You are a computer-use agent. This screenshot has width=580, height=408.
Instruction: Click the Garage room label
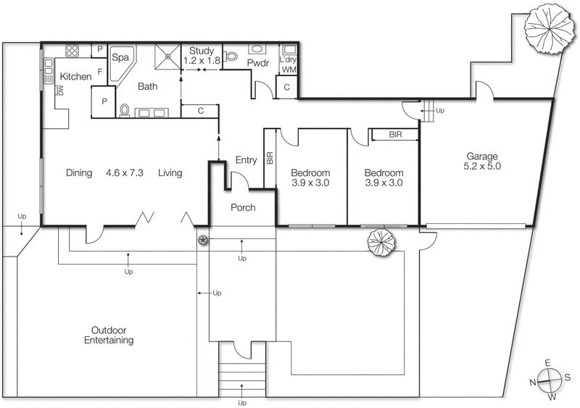coord(481,156)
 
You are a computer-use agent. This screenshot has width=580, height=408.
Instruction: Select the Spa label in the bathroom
coord(120,57)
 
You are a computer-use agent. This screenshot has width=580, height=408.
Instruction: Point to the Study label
coord(202,51)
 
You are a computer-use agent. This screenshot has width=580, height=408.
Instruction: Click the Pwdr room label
coord(258,64)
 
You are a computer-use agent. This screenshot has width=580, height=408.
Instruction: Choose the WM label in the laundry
coord(288,70)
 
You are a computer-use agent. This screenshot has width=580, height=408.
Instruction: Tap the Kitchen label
coord(75,76)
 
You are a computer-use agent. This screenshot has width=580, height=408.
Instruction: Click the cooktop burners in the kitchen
coord(72,51)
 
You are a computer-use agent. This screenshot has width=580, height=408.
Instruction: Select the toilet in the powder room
coord(232,55)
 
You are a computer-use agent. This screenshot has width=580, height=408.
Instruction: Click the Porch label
coord(243,208)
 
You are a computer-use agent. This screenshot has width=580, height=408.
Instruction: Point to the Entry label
coord(246,160)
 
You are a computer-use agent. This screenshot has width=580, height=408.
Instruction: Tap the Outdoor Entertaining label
coord(109,335)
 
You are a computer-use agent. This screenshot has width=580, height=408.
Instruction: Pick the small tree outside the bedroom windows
coord(381,242)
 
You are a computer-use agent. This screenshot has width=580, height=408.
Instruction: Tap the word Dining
coord(79,173)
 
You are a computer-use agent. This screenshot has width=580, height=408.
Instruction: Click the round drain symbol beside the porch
coord(203,240)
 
